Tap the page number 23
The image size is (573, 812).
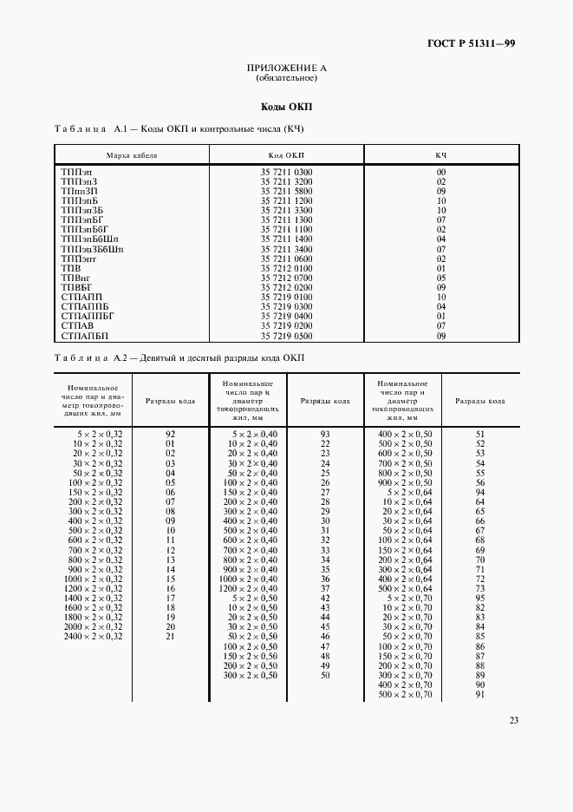(x=513, y=719)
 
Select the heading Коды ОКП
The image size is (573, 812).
(x=286, y=108)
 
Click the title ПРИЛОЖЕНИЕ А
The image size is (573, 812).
(x=286, y=68)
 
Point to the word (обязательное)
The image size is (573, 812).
(x=286, y=78)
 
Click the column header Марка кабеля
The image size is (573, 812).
(x=131, y=155)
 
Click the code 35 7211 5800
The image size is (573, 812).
(x=286, y=192)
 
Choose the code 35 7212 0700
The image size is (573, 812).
(x=286, y=278)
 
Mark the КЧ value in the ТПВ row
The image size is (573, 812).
(x=441, y=268)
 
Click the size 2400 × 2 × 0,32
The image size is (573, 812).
(x=93, y=636)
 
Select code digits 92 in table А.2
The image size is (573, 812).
(x=171, y=433)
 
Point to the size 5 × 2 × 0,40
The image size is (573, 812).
(x=255, y=433)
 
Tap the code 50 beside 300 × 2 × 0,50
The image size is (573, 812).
(x=325, y=674)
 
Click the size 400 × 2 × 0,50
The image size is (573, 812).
(x=405, y=433)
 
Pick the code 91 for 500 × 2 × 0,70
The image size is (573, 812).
(x=480, y=694)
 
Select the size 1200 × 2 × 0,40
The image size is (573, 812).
(x=248, y=588)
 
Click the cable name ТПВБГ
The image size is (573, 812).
(x=76, y=287)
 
